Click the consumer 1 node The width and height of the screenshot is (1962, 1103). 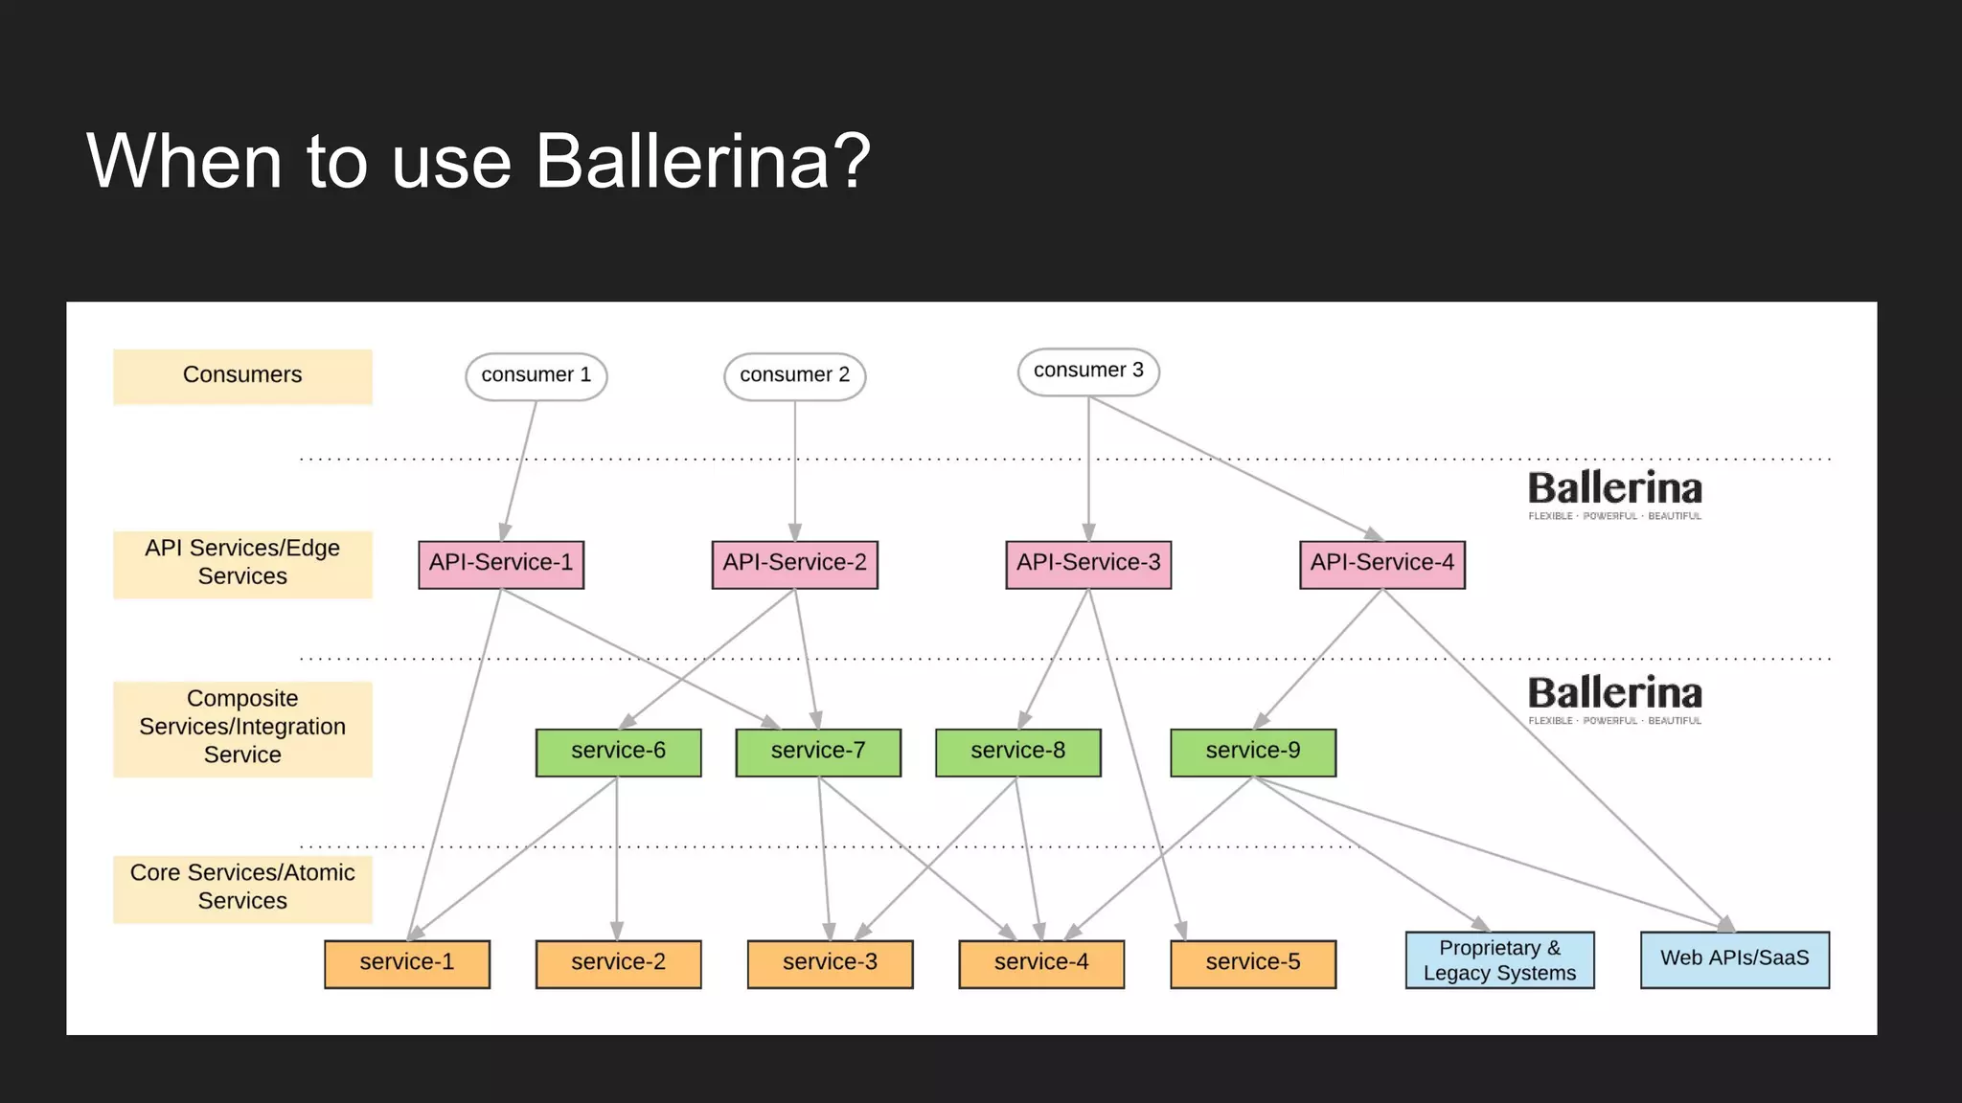click(536, 375)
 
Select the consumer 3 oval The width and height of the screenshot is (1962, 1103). click(1088, 371)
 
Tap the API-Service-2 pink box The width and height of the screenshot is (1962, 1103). click(794, 564)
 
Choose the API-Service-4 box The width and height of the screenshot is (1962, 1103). click(1381, 564)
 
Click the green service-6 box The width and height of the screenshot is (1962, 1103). click(618, 752)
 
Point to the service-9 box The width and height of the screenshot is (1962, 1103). click(1252, 752)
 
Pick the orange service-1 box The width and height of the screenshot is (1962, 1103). click(406, 963)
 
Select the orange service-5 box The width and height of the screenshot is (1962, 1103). click(1252, 963)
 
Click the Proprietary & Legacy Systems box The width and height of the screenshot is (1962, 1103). click(1499, 960)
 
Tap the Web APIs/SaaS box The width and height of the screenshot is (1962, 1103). click(1734, 959)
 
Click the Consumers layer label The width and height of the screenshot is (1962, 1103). click(242, 375)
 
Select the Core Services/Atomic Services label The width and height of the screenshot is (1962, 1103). click(242, 888)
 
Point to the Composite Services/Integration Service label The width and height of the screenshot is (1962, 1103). click(242, 728)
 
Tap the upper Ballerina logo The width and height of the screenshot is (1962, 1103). click(1614, 493)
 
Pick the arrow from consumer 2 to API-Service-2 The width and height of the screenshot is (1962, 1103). click(794, 469)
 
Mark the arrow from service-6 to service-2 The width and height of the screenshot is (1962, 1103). click(616, 862)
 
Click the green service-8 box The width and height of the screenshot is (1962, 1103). click(1017, 752)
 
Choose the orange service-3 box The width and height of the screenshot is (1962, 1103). click(830, 963)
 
